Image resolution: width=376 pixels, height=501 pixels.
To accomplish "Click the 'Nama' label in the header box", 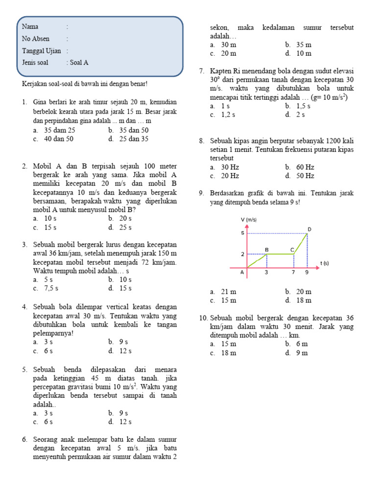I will [30, 26].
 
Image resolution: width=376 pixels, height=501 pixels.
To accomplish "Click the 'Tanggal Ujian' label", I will [41, 51].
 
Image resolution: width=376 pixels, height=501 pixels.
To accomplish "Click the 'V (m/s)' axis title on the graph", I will [249, 220].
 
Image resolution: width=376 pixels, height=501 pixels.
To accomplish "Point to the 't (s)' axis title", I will [325, 263].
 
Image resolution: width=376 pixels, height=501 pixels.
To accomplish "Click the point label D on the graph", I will [309, 229].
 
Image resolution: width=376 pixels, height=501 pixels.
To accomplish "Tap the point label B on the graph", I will [267, 250].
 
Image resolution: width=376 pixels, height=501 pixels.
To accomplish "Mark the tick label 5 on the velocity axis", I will [242, 233].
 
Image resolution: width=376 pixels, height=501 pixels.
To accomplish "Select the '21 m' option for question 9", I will [229, 292].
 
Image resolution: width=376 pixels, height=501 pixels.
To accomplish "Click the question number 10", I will [204, 319].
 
